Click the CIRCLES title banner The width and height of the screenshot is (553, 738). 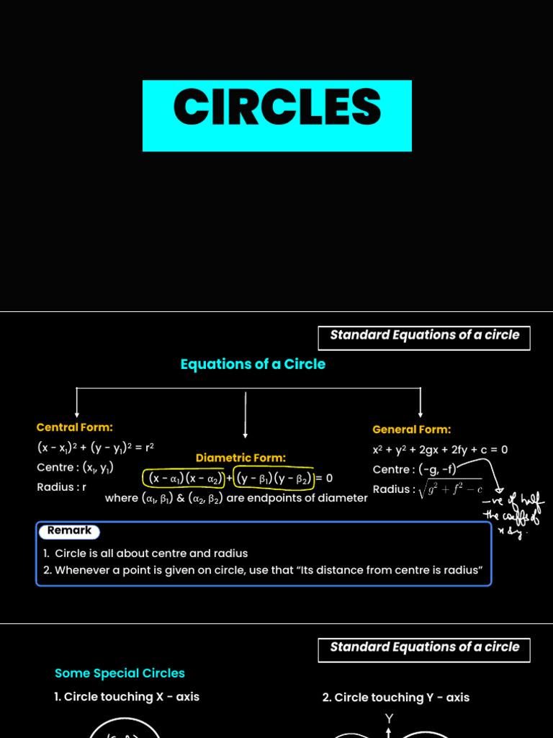(x=276, y=115)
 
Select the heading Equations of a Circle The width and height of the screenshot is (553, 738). (x=253, y=364)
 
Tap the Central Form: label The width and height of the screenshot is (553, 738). (x=74, y=427)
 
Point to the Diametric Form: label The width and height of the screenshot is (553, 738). (x=240, y=458)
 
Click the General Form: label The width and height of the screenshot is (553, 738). (x=411, y=430)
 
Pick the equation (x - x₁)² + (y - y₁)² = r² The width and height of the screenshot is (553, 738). (x=96, y=447)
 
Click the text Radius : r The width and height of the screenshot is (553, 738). (x=61, y=487)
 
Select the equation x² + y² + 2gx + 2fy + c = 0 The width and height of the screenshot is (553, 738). (x=440, y=450)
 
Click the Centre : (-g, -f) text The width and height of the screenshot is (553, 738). (x=415, y=470)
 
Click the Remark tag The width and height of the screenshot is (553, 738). (x=69, y=531)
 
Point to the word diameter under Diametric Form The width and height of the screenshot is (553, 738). (x=343, y=497)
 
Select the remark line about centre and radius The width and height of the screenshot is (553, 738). (x=145, y=553)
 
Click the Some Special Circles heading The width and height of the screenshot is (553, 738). (x=120, y=673)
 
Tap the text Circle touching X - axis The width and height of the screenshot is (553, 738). (x=127, y=697)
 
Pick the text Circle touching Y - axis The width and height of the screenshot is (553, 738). (x=395, y=698)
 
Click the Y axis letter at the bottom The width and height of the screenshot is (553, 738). (x=389, y=719)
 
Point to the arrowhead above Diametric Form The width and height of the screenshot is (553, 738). (x=246, y=435)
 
